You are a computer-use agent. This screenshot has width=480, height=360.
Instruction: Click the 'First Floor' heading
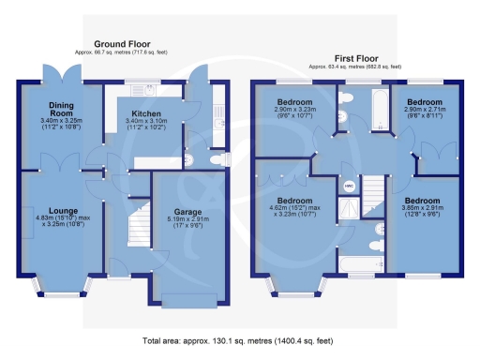pos(356,57)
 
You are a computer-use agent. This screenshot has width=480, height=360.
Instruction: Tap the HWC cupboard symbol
pos(347,186)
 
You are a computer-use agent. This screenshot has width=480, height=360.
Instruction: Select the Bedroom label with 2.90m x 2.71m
pos(425,101)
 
